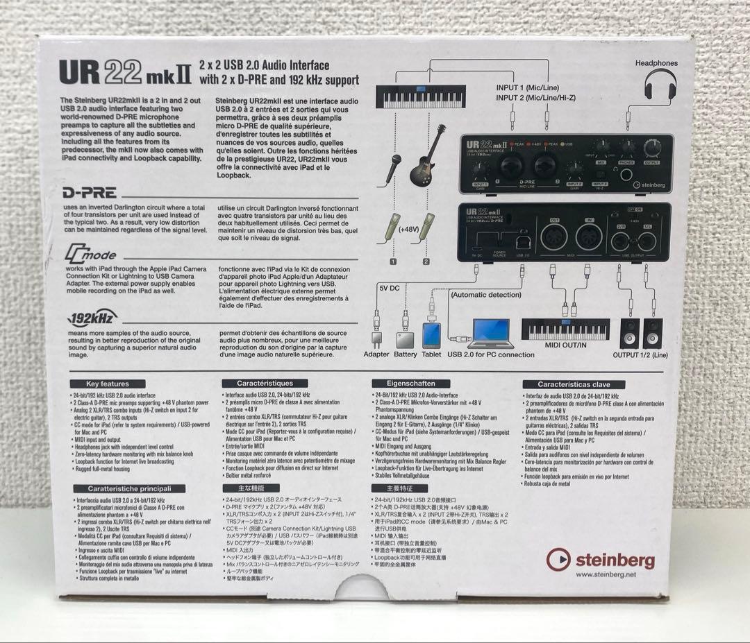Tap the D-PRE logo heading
pyautogui.click(x=90, y=193)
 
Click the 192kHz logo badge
pyautogui.click(x=92, y=318)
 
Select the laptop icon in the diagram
pyautogui.click(x=490, y=334)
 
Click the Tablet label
pyautogui.click(x=431, y=354)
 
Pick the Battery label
pyautogui.click(x=406, y=354)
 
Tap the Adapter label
pyautogui.click(x=377, y=354)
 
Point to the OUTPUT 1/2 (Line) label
pyautogui.click(x=640, y=354)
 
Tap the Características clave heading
pyautogui.click(x=574, y=384)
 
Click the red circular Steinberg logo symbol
pyautogui.click(x=558, y=559)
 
